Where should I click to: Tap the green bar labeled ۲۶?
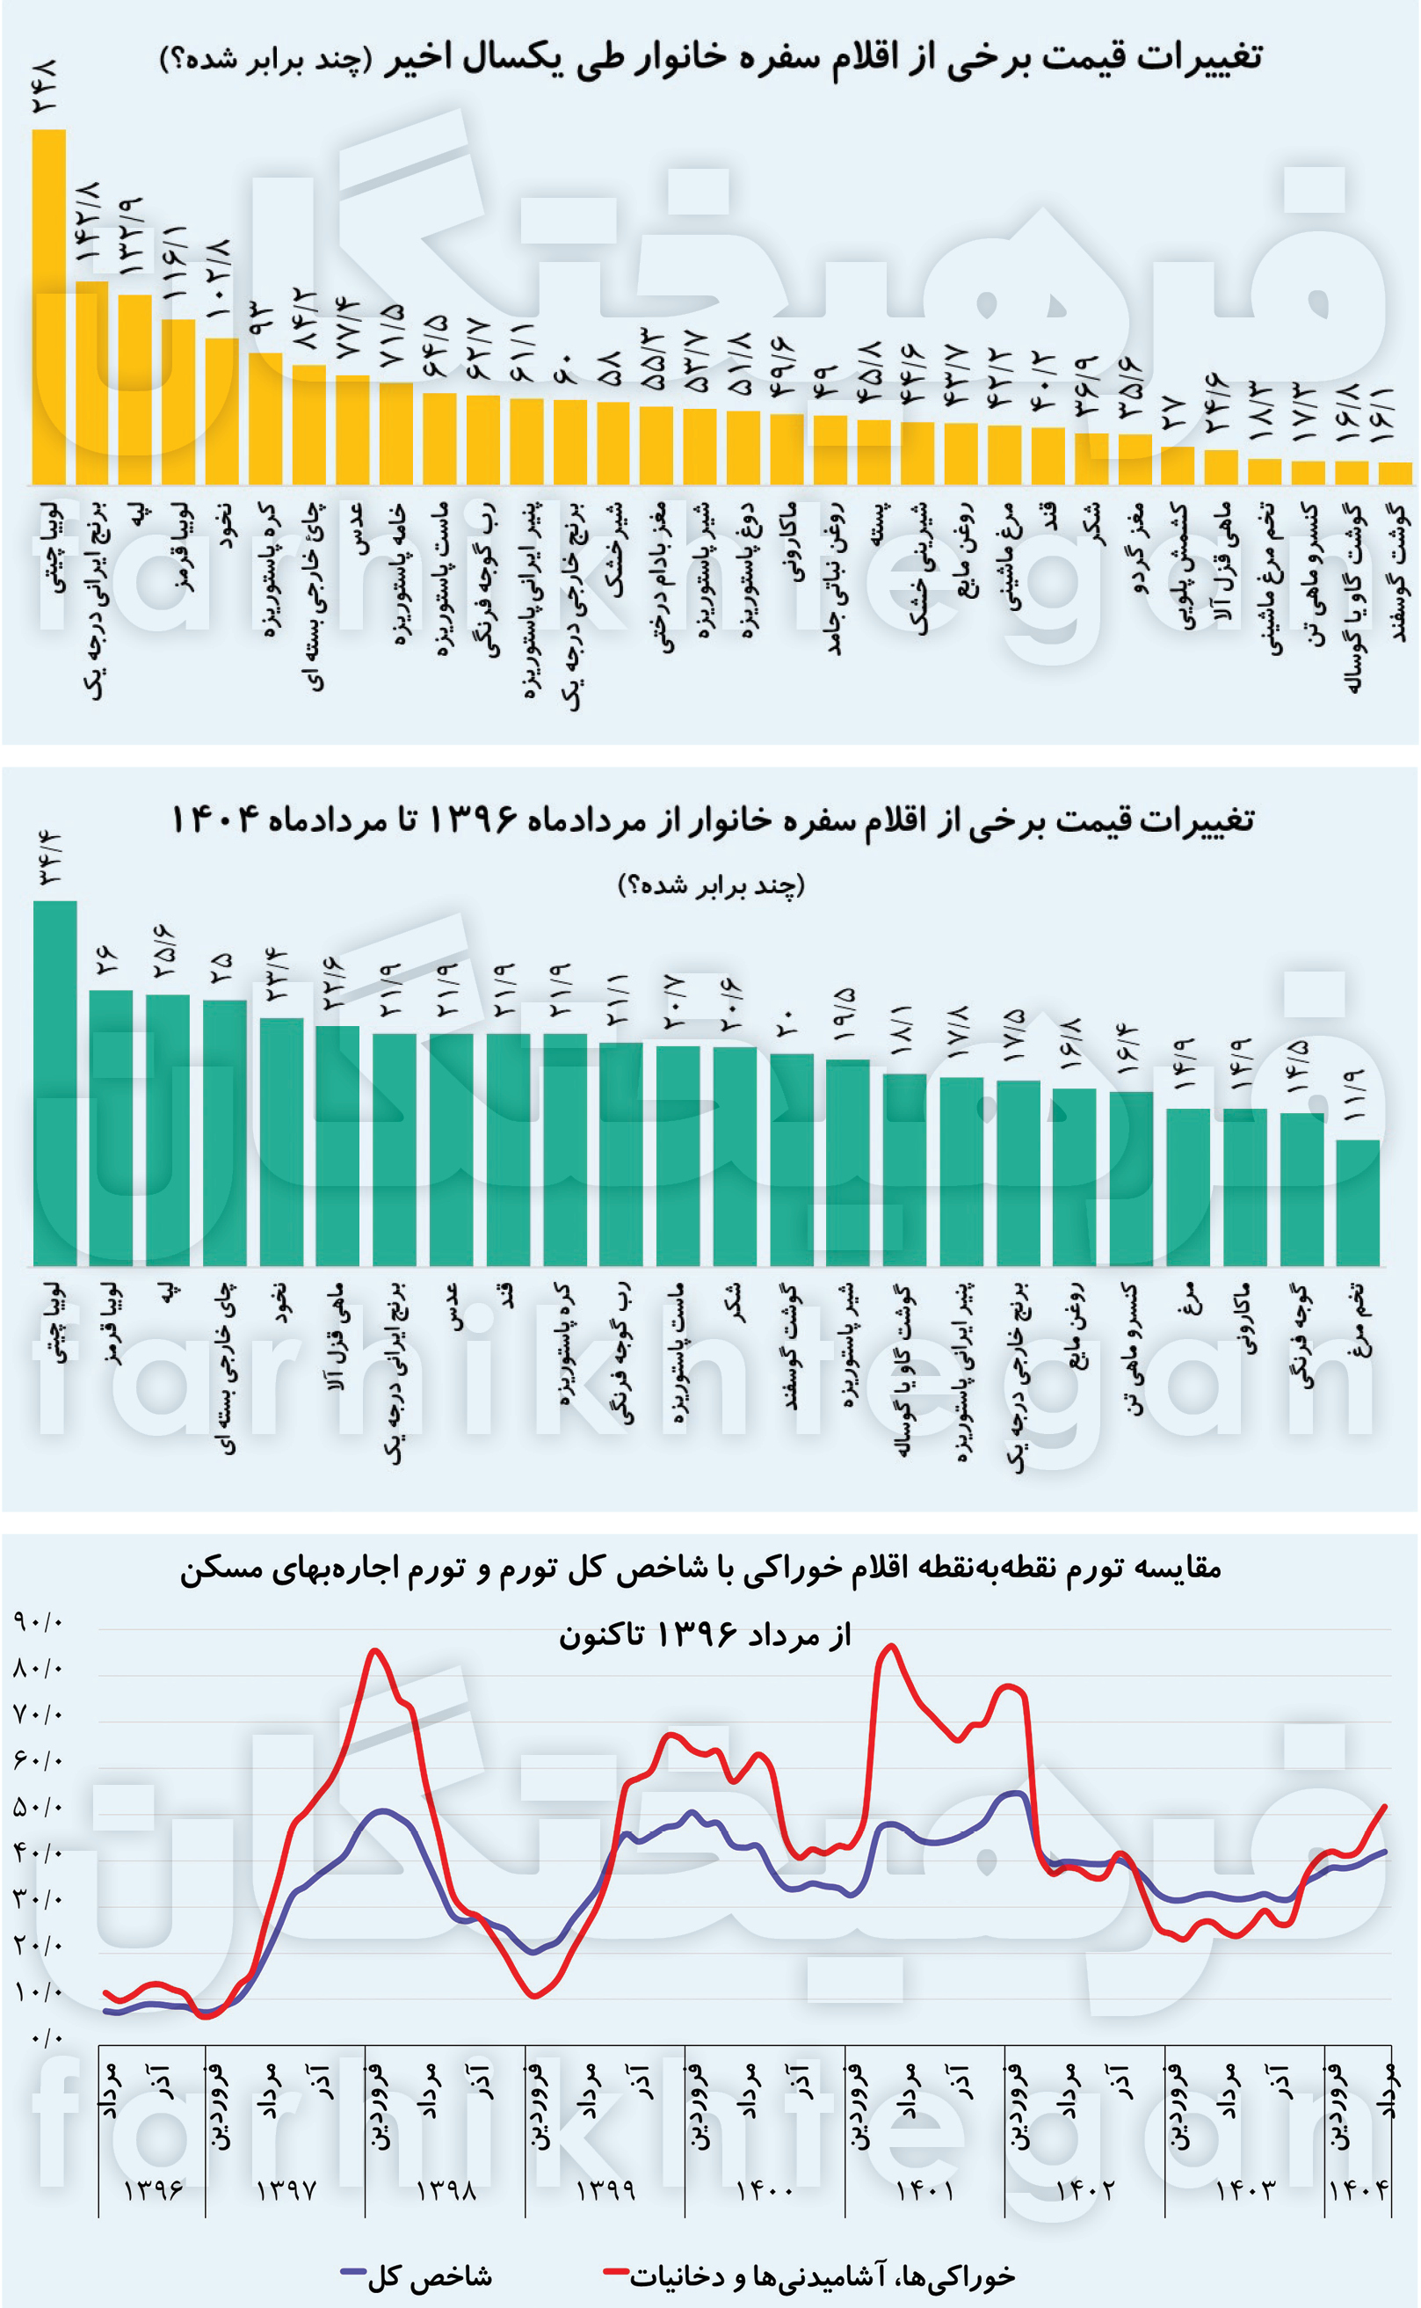coord(111,1127)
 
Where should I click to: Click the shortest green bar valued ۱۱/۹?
coord(1358,1203)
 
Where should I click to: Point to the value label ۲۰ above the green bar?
coord(791,1021)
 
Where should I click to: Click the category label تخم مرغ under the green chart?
coord(1358,1321)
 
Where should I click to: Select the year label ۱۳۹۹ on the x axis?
coord(605,2189)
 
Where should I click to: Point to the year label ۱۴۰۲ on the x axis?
coord(1084,2189)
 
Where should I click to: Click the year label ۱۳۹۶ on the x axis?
coord(153,2189)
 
